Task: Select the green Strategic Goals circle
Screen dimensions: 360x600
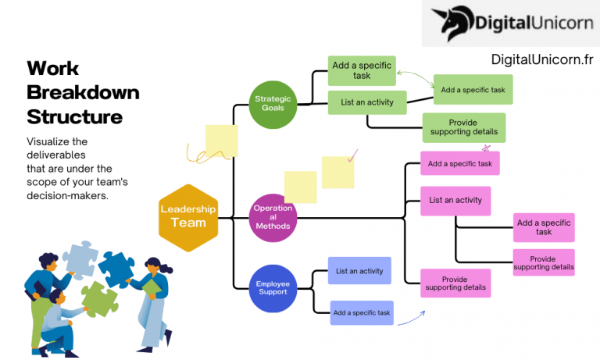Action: click(x=273, y=105)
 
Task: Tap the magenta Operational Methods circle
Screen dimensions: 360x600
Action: click(x=273, y=217)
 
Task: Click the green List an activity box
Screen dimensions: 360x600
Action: click(x=367, y=102)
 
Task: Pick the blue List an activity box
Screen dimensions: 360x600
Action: click(x=359, y=271)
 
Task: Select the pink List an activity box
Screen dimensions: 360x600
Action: click(x=455, y=200)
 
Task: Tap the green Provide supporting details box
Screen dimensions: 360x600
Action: click(x=464, y=127)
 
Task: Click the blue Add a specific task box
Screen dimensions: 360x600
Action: click(x=362, y=312)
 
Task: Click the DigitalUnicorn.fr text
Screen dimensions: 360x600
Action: click(x=542, y=59)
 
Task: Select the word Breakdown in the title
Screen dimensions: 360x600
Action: click(x=83, y=92)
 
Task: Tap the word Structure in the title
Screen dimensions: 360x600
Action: click(x=75, y=117)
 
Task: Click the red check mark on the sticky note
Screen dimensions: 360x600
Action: click(x=352, y=156)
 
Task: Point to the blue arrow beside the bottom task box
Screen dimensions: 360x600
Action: click(x=412, y=317)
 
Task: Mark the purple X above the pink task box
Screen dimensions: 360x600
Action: click(x=486, y=147)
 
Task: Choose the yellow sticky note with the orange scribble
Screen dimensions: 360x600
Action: click(x=220, y=141)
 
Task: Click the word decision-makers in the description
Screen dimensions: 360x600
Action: click(x=67, y=196)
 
